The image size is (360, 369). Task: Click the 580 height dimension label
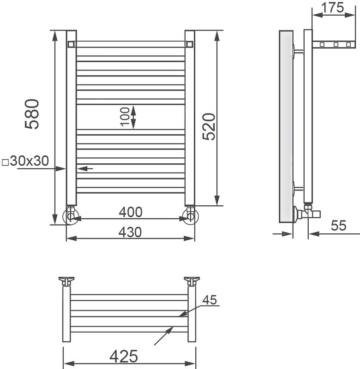(32, 114)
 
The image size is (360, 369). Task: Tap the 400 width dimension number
(131, 212)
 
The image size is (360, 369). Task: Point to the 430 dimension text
(130, 232)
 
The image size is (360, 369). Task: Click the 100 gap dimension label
(125, 117)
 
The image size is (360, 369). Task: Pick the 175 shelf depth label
(333, 7)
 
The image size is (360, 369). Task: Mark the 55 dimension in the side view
(339, 226)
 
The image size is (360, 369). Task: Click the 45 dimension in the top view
(210, 300)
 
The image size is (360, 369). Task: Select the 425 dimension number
(124, 356)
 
